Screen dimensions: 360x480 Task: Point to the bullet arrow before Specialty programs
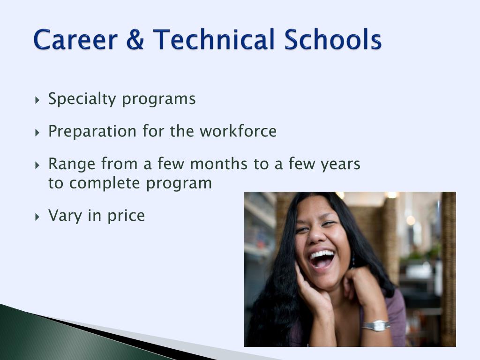[x=37, y=100]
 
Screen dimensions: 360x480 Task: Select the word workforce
[x=238, y=131]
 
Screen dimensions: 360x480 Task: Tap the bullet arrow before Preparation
[x=37, y=133]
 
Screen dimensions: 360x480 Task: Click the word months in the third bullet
[x=219, y=164]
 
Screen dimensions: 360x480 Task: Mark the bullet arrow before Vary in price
[x=37, y=217]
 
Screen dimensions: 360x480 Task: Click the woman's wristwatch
[x=376, y=325]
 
